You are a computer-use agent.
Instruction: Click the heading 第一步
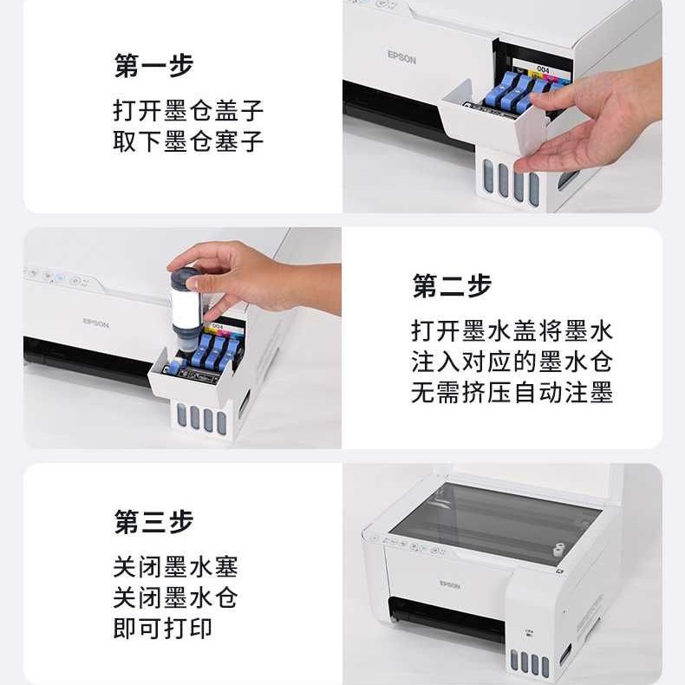[153, 65]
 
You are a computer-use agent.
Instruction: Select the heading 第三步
[153, 522]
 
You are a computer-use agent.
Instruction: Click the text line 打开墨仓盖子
[188, 111]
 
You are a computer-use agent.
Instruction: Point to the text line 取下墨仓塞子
[188, 141]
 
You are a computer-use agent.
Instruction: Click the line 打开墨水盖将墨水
[512, 331]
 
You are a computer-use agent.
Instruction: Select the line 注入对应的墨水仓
[512, 362]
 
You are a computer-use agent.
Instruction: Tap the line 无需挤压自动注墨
[512, 394]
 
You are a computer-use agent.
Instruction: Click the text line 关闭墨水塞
[175, 568]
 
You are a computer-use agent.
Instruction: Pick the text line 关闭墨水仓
[175, 598]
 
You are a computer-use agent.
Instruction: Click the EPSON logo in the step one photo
[401, 57]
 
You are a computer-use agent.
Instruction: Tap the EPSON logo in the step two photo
[96, 323]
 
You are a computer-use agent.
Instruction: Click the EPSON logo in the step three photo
[449, 585]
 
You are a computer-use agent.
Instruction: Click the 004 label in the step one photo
[543, 68]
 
